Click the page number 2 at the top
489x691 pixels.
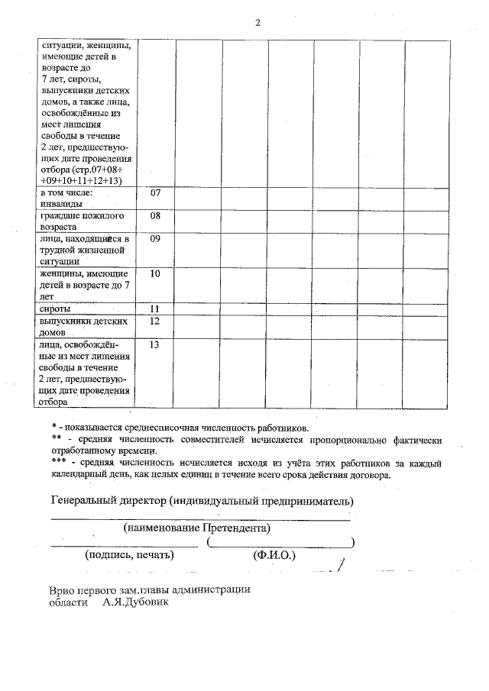coord(257,22)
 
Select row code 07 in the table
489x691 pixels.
coord(155,193)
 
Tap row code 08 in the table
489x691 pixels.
coord(155,216)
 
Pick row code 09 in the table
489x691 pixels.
coord(155,240)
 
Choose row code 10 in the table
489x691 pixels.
coord(155,273)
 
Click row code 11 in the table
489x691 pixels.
coord(155,309)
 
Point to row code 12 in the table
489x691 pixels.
coord(155,321)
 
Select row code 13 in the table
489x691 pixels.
coord(155,345)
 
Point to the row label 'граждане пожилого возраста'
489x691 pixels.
coord(82,221)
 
